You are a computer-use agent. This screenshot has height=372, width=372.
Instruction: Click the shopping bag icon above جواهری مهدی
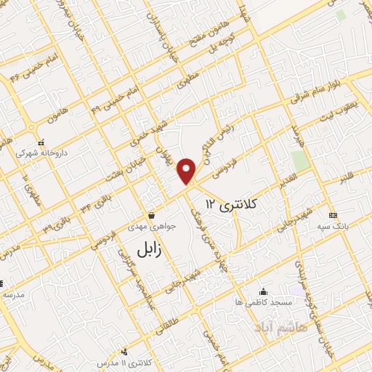point(151,215)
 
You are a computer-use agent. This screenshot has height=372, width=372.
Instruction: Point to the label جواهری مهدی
point(151,226)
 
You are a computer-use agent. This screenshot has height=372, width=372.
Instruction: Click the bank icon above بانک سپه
point(333,215)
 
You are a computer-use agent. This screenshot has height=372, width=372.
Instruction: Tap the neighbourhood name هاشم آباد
point(280,328)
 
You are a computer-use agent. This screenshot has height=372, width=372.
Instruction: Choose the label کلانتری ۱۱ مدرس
point(124,362)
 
